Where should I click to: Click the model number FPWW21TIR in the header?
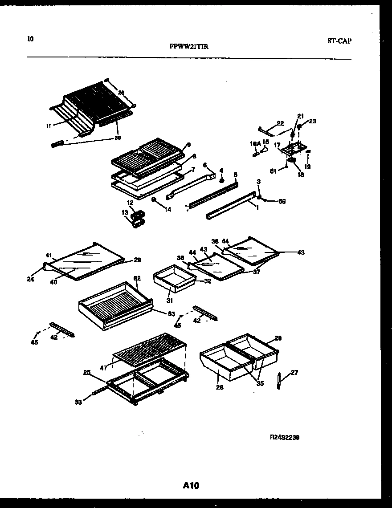(x=189, y=45)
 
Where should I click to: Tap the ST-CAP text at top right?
(x=339, y=41)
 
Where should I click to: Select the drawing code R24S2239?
(x=284, y=438)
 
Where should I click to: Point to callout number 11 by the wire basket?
(x=48, y=126)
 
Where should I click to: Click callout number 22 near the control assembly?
(x=280, y=123)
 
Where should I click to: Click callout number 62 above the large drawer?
(x=137, y=278)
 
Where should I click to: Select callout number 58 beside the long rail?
(x=282, y=201)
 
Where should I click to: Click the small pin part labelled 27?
(x=279, y=381)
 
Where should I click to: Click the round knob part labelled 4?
(x=221, y=180)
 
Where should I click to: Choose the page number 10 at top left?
(x=30, y=38)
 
